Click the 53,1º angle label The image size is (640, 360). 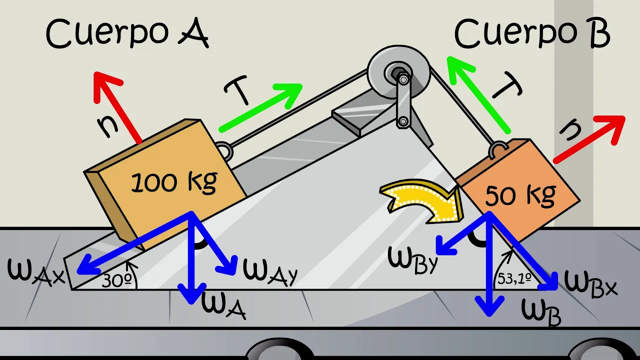tap(513, 278)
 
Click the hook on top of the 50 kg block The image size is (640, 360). tap(498, 148)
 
